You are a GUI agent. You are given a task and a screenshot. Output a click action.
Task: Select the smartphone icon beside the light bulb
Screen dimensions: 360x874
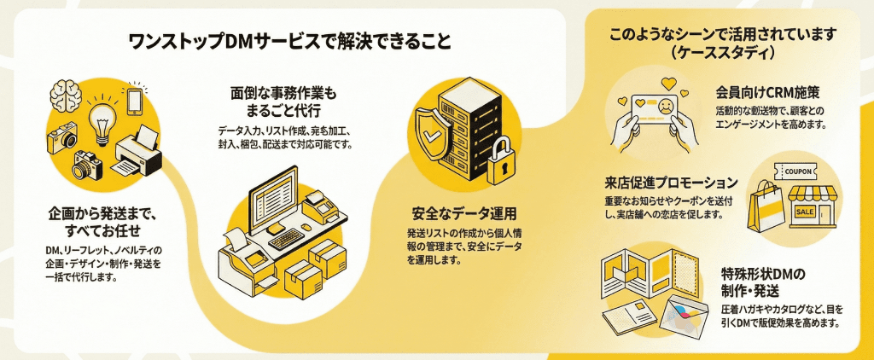pyautogui.click(x=134, y=99)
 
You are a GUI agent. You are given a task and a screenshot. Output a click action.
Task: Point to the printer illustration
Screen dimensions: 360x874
pyautogui.click(x=137, y=151)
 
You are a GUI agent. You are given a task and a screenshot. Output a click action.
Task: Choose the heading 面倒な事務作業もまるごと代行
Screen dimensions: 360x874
pyautogui.click(x=283, y=102)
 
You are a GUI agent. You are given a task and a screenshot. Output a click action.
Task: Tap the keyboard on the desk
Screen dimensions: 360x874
pyautogui.click(x=290, y=238)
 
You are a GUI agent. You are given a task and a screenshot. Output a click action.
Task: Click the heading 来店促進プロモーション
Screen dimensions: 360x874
pyautogui.click(x=671, y=183)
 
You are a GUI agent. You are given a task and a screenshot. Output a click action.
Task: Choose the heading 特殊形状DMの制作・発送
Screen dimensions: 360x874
pyautogui.click(x=763, y=283)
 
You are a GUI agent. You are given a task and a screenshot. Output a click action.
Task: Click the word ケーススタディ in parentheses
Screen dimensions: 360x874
pyautogui.click(x=722, y=53)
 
